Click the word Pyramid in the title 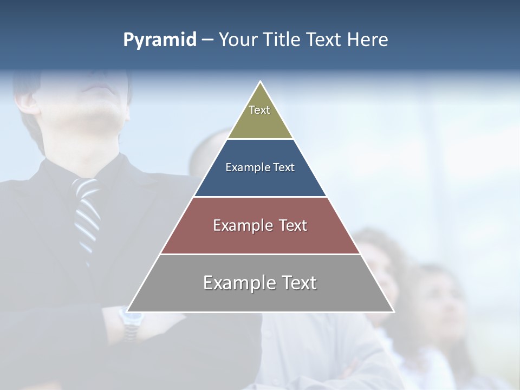click(159, 40)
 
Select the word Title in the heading click(281, 40)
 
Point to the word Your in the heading click(237, 40)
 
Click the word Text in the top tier click(259, 110)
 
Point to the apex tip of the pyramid click(261, 82)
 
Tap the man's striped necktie click(88, 217)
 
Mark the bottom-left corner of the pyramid click(128, 311)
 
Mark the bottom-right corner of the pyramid click(393, 311)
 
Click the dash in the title click(207, 40)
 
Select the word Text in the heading click(323, 40)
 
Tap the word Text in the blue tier click(284, 168)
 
